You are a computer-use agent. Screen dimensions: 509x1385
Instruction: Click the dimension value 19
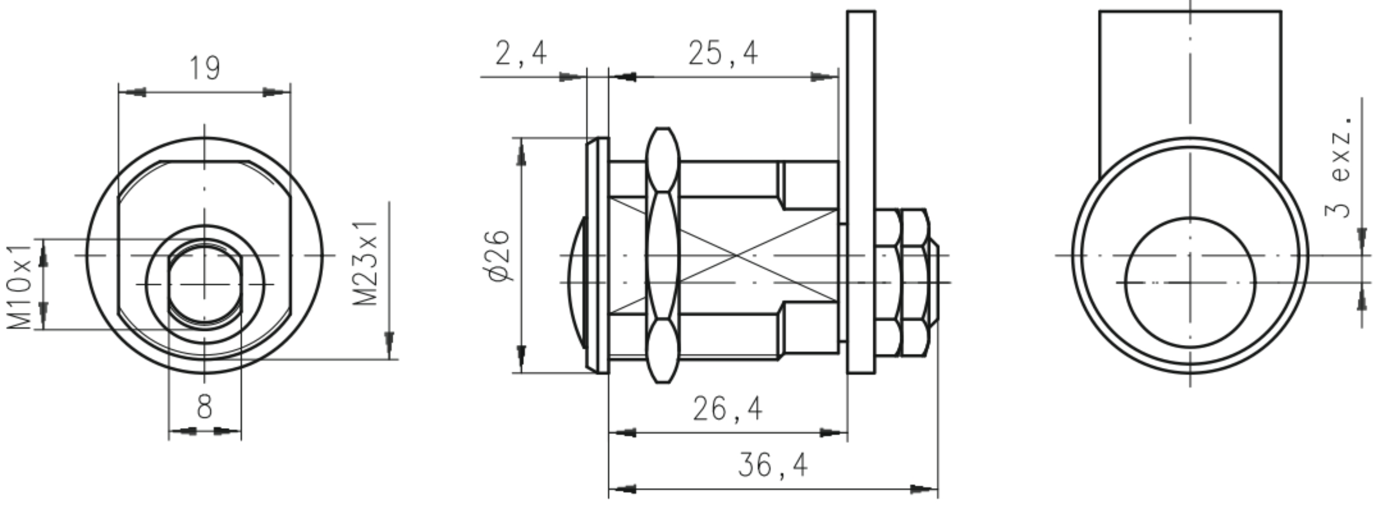(205, 68)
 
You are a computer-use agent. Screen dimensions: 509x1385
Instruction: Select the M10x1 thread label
(20, 287)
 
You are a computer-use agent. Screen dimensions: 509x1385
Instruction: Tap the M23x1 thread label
(366, 263)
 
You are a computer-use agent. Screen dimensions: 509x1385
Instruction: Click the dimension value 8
(205, 406)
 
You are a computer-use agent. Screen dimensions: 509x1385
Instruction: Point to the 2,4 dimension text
(521, 53)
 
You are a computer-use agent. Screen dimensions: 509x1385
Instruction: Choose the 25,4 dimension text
(723, 53)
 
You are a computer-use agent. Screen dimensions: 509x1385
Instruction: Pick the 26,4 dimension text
(727, 408)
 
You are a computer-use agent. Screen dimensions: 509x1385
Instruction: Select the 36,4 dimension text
(772, 465)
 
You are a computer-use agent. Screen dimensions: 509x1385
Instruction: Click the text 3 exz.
(1340, 166)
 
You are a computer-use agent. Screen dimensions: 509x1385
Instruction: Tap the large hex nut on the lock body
(663, 256)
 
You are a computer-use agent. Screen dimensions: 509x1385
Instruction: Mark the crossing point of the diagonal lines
(737, 256)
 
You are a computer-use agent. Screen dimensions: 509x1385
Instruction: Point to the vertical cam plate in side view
(861, 191)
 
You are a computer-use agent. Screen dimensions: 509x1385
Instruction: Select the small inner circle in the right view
(1190, 283)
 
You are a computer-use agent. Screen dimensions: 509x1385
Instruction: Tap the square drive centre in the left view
(204, 284)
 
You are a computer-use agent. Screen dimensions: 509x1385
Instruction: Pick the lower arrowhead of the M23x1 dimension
(389, 344)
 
